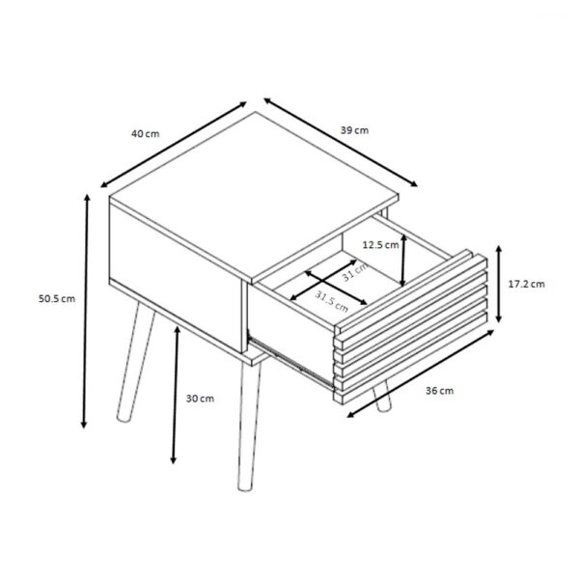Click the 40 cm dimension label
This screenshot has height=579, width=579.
[x=146, y=134]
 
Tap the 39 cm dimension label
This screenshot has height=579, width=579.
[x=354, y=130]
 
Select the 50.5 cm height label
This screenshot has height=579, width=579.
[x=57, y=299]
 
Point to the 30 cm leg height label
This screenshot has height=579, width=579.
[x=200, y=399]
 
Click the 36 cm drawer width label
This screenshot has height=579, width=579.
[x=439, y=391]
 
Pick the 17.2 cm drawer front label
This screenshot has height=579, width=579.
[x=526, y=284]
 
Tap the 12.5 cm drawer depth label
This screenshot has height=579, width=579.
[x=380, y=245]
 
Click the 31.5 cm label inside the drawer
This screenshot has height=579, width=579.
[x=332, y=301]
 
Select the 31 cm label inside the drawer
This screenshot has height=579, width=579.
[x=355, y=272]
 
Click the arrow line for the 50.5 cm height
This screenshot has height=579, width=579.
[x=86, y=311]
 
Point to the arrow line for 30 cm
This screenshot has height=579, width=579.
[x=176, y=395]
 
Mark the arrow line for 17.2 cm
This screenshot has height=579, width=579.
[x=499, y=284]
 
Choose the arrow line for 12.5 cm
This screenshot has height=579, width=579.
[x=403, y=261]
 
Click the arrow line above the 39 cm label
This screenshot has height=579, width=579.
[x=341, y=142]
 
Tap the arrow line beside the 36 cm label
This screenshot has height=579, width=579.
[x=421, y=373]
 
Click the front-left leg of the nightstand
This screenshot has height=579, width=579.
[x=135, y=362]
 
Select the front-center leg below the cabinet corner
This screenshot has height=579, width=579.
[x=249, y=427]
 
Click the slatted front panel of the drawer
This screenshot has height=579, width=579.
[x=411, y=327]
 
